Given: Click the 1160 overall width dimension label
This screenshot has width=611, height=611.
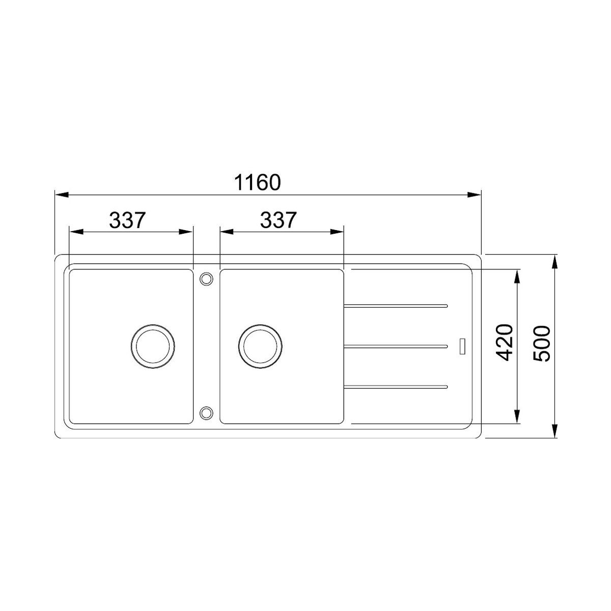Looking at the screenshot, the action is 257,182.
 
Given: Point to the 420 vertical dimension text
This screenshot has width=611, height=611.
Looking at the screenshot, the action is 504,343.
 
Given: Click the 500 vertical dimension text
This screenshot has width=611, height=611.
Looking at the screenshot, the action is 541,344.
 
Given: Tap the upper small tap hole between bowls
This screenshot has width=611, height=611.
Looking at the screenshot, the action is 206,279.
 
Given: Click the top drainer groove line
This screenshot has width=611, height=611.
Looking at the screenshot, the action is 396,306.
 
